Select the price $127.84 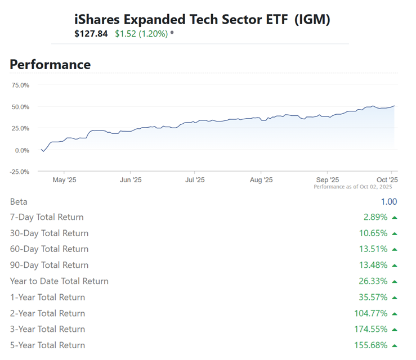[92, 34]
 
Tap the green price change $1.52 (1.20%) [141, 34]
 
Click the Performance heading [50, 65]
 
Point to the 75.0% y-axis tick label [20, 85]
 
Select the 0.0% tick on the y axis [23, 150]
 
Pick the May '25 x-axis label [64, 180]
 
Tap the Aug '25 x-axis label [261, 180]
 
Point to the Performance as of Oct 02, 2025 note [352, 187]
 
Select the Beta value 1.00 [388, 202]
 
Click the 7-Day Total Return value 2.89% [375, 217]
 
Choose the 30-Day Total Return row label [49, 233]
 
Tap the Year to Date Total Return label [59, 281]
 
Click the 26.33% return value [373, 281]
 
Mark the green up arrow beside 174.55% [395, 330]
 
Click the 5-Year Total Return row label [47, 345]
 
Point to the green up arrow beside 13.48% [395, 265]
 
